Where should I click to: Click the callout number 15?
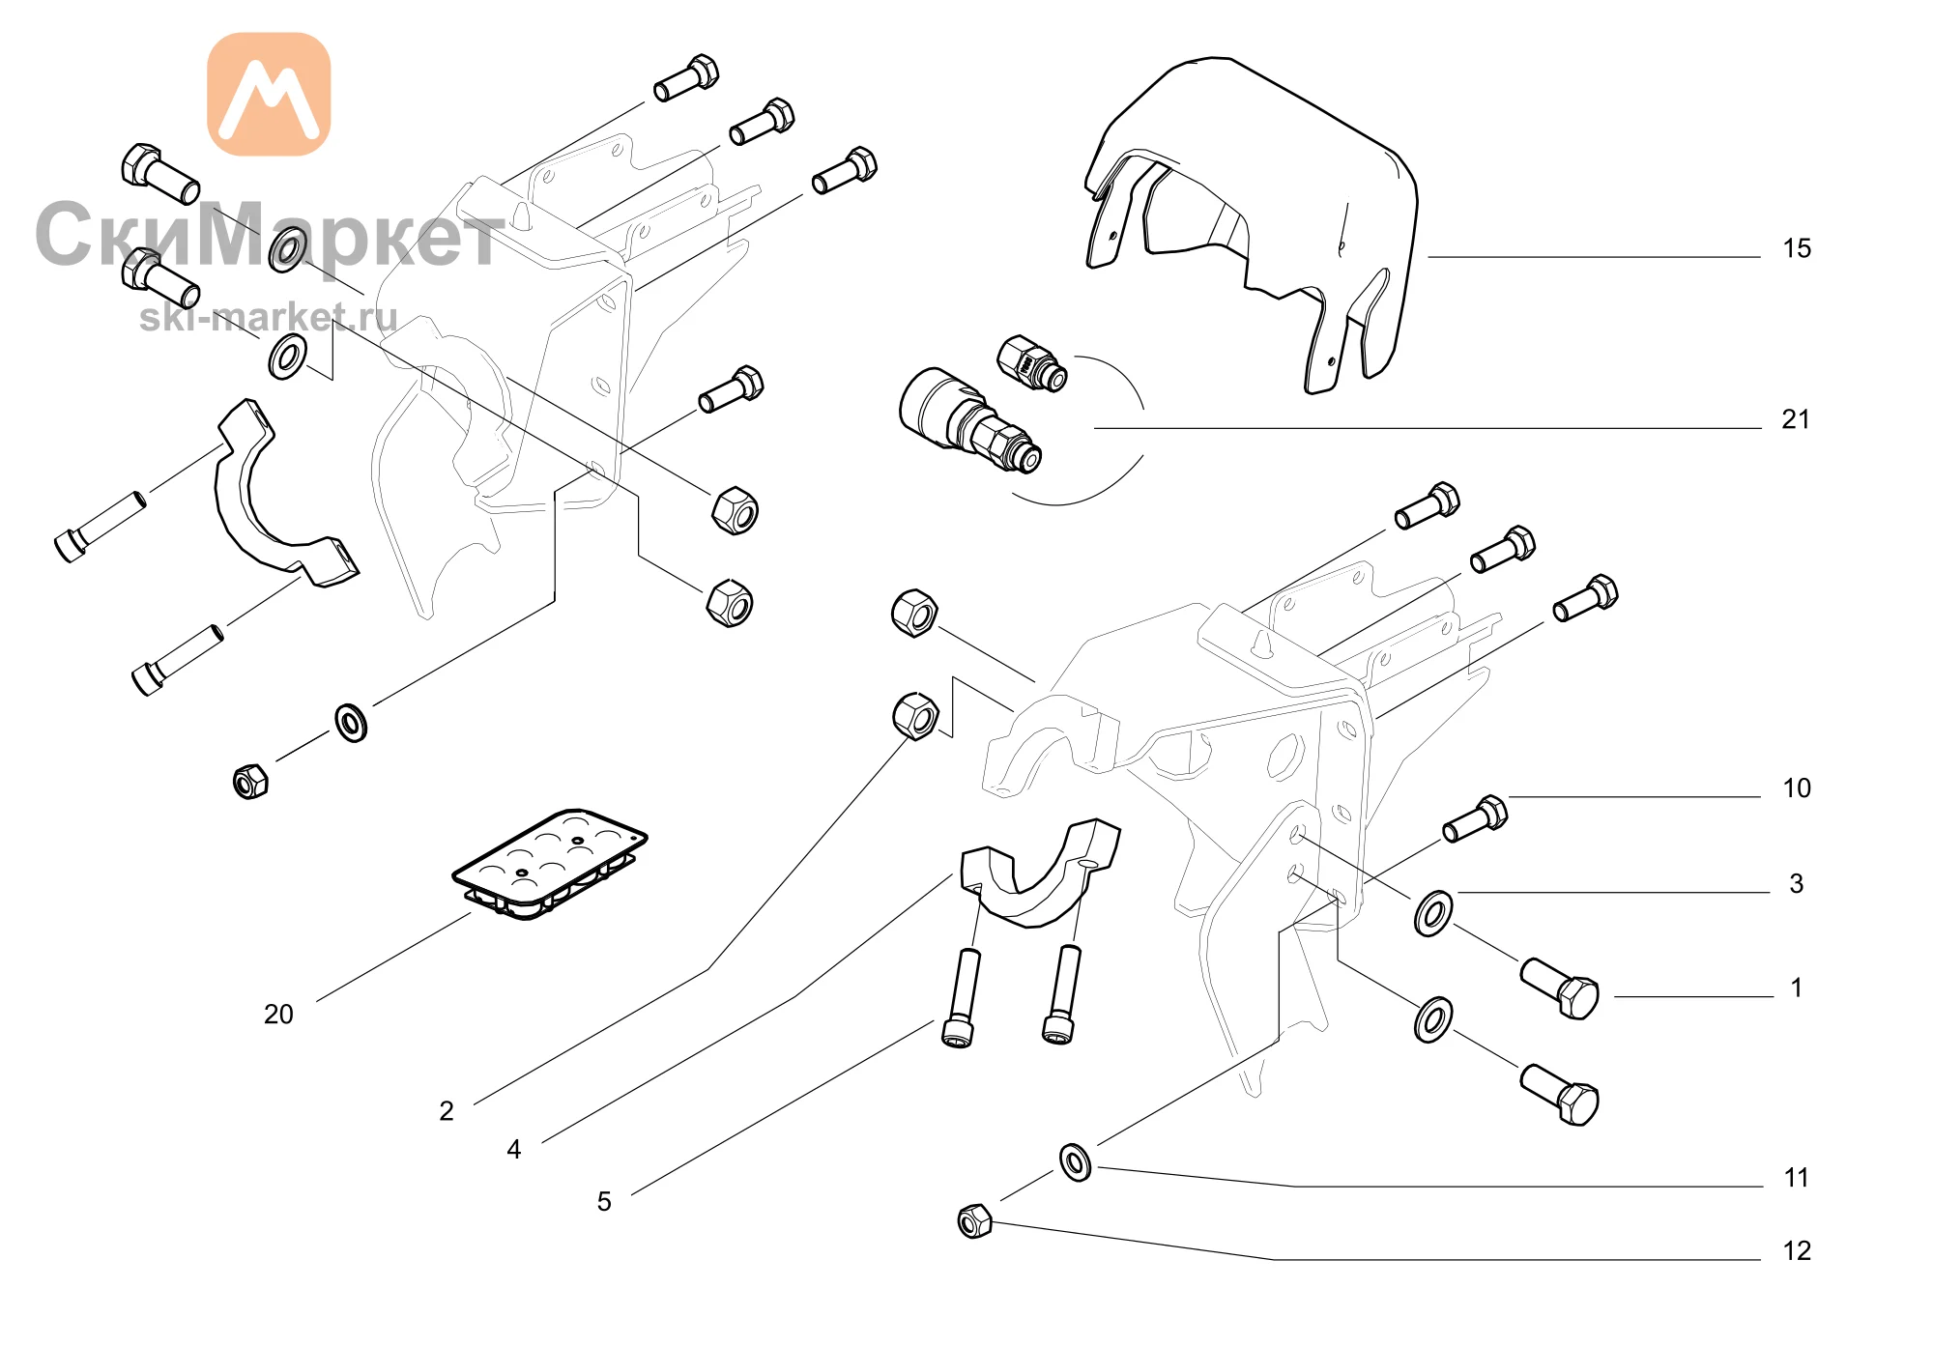1797,249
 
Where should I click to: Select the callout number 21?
1796,419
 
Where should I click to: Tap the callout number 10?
1797,788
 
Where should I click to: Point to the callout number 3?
1797,884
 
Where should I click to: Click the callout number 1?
1797,988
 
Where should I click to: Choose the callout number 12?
1797,1251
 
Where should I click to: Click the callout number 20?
278,1015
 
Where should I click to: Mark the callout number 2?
447,1111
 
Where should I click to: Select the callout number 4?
514,1150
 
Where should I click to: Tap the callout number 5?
604,1202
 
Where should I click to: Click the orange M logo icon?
269,94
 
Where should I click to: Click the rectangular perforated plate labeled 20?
549,864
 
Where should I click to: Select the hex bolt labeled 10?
1475,819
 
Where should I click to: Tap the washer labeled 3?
1432,914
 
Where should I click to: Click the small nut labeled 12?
974,1221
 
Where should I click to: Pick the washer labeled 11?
1076,1162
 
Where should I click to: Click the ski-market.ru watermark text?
269,317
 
